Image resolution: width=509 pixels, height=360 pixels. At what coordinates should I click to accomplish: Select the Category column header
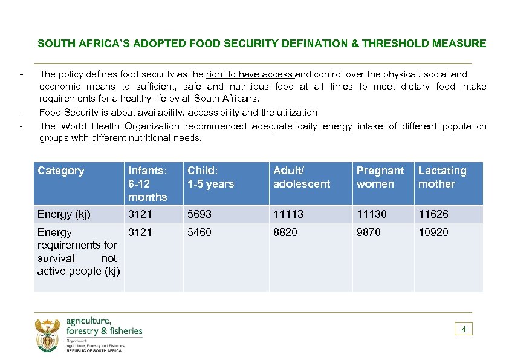pos(60,171)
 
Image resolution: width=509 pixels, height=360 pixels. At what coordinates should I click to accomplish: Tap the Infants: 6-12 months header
pos(148,183)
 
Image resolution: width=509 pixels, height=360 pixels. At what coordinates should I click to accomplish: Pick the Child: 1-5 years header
pos(210,177)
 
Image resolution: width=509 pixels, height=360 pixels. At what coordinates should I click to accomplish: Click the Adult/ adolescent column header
pos(302,177)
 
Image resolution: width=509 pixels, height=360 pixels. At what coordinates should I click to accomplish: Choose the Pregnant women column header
pos(380,177)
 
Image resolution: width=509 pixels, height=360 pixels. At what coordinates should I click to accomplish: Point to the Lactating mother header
pos(443,177)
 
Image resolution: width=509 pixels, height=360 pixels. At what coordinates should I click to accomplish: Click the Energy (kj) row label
pos(63,214)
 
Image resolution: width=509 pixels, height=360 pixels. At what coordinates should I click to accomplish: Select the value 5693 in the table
pos(199,214)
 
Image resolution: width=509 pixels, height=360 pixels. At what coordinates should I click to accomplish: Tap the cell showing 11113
pos(288,214)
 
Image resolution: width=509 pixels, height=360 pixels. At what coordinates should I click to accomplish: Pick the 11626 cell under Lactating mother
pos(433,214)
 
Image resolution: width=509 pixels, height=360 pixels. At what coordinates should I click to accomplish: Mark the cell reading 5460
pos(199,232)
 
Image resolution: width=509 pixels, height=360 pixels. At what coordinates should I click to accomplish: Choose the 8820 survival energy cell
pos(285,232)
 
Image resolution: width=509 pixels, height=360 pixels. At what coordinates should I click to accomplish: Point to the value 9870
pos(369,232)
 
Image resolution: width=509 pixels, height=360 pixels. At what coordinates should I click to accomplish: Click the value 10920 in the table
pos(433,232)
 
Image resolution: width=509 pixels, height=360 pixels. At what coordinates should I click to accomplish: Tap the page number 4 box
pos(463,329)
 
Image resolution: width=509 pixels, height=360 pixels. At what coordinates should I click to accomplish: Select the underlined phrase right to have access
pos(250,74)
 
